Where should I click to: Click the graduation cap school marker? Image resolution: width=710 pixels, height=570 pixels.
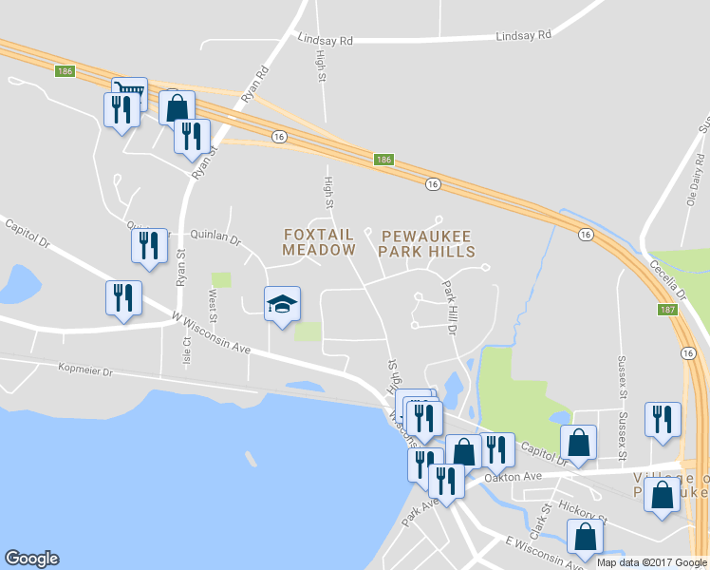(282, 304)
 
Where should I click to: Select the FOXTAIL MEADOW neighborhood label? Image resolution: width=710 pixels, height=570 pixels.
(318, 242)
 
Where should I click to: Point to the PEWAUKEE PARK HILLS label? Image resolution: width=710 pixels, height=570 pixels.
(426, 242)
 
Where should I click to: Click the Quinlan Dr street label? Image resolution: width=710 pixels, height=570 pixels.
(215, 241)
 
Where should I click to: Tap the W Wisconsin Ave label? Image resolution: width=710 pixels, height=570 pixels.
(211, 333)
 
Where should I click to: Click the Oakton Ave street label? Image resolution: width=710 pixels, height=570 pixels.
(512, 476)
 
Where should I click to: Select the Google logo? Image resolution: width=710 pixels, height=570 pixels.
(31, 559)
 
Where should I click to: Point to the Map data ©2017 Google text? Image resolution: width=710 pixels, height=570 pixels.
(651, 562)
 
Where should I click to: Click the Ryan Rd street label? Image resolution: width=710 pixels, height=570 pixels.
(255, 84)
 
